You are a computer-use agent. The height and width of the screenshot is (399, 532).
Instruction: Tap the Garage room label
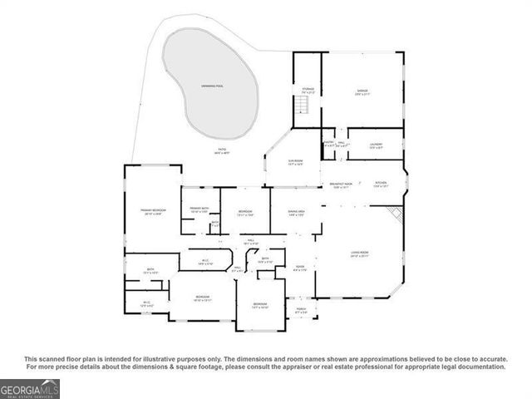[362, 91]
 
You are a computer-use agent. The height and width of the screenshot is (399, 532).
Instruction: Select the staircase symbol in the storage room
[303, 107]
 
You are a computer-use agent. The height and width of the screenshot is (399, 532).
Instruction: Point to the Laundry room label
[376, 145]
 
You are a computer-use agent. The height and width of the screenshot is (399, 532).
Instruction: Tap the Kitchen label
[381, 184]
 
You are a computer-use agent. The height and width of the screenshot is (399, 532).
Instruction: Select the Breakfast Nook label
[342, 185]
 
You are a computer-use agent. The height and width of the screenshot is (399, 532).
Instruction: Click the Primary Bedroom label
[154, 212]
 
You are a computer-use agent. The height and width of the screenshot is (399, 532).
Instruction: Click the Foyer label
[300, 268]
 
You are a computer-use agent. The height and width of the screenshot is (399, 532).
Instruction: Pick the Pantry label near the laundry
[329, 143]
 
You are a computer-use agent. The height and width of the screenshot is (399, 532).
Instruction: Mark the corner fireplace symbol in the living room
[398, 215]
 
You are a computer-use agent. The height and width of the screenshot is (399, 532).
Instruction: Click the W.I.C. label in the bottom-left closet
[146, 303]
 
